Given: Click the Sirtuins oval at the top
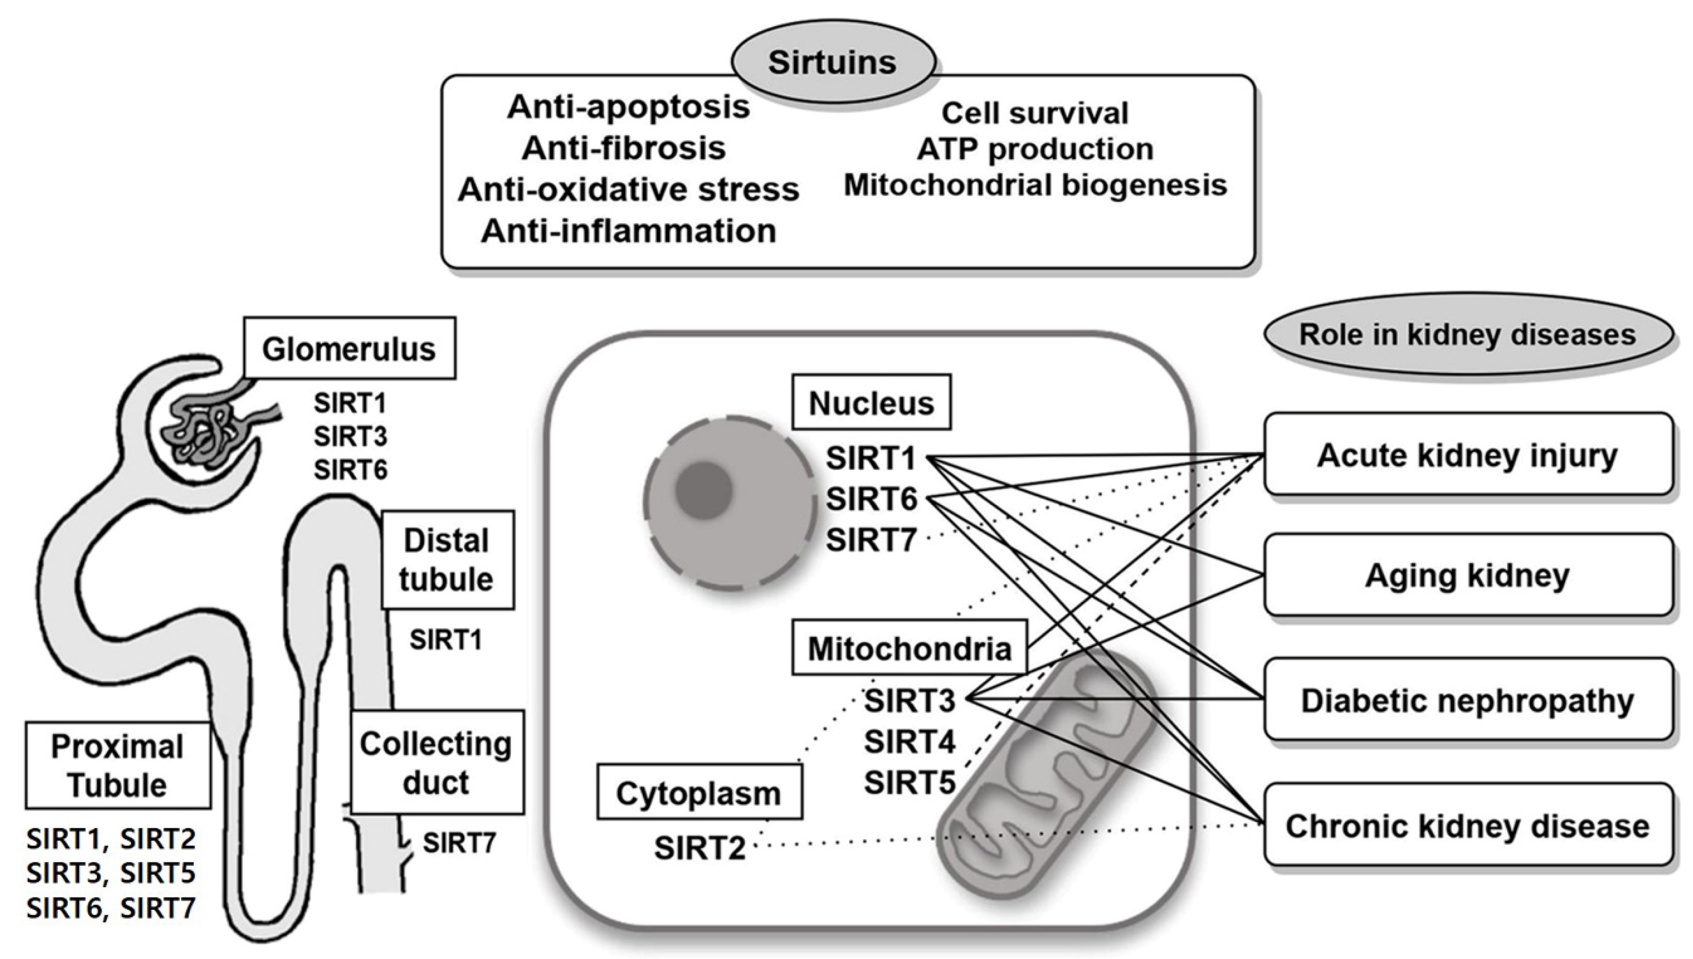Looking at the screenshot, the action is pos(833,62).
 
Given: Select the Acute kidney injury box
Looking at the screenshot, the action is pos(1468,454).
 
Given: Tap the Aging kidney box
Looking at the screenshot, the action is pos(1468,575).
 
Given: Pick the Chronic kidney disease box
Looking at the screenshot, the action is pos(1468,825).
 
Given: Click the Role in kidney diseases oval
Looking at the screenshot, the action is pos(1468,334).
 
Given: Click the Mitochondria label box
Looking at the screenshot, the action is pos(909,648).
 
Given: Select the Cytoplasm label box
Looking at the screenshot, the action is pos(700,792).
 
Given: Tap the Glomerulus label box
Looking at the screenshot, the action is pos(349,348).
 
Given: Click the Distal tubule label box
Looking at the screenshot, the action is pos(447,560).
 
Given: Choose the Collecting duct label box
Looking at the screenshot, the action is pos(437,762).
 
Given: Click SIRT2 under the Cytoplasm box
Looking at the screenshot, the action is pos(700,848).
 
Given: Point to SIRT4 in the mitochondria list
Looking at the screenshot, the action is pos(909,742).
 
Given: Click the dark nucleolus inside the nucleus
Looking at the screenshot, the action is pos(704,489).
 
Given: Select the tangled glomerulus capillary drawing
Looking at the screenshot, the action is pos(211,429).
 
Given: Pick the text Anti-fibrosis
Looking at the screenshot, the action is pos(624,148).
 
